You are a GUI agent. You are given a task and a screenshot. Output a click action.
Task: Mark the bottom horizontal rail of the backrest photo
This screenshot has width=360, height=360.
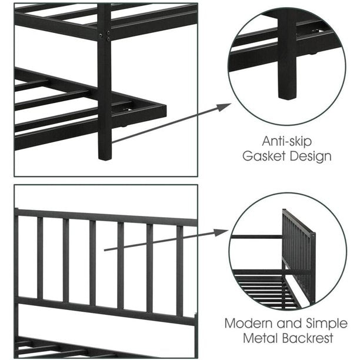tap(106, 311)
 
